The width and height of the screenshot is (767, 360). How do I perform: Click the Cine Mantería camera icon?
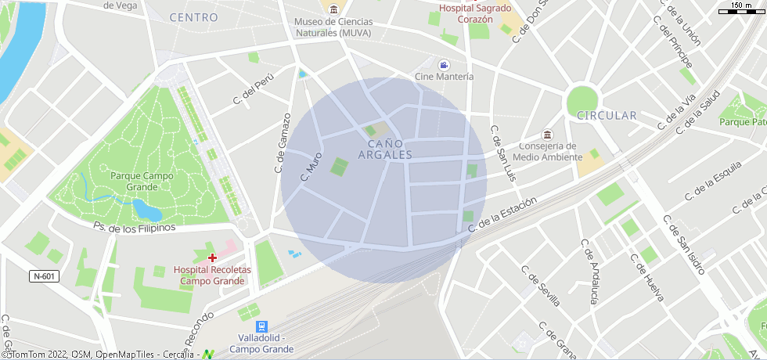pyautogui.click(x=445, y=64)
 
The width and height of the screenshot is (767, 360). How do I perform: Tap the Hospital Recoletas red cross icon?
pyautogui.click(x=212, y=257)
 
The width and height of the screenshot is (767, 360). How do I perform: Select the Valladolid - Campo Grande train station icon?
pyautogui.click(x=261, y=326)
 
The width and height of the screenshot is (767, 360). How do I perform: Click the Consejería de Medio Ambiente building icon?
pyautogui.click(x=548, y=135)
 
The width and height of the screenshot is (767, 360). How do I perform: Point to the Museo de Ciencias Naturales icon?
pyautogui.click(x=334, y=9)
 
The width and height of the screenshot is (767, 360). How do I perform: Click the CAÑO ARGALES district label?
pyautogui.click(x=384, y=149)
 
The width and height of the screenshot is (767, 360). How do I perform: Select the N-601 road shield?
pyautogui.click(x=45, y=276)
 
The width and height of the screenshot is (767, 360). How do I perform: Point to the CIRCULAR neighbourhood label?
pyautogui.click(x=607, y=116)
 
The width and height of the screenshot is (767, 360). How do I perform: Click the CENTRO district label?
pyautogui.click(x=193, y=17)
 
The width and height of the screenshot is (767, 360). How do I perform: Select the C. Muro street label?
pyautogui.click(x=311, y=167)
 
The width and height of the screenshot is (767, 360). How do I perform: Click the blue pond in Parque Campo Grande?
pyautogui.click(x=146, y=210)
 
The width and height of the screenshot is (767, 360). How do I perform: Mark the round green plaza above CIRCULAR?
pyautogui.click(x=582, y=100)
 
